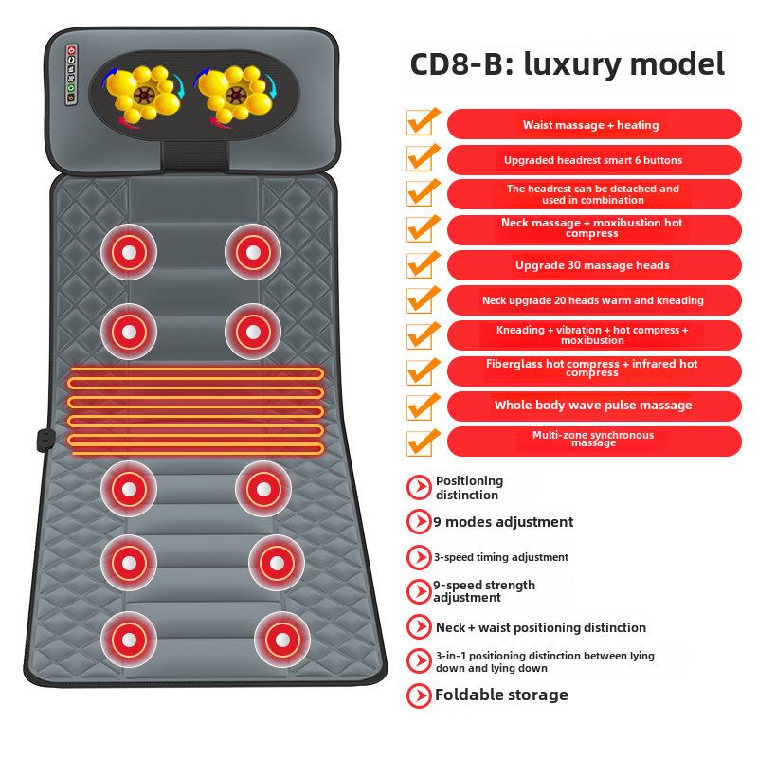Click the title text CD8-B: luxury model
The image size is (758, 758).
click(x=567, y=64)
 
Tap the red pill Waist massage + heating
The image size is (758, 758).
click(x=594, y=124)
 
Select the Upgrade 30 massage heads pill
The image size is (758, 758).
click(x=594, y=265)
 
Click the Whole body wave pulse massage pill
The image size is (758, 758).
click(x=594, y=406)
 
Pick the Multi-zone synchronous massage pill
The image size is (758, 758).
click(x=594, y=441)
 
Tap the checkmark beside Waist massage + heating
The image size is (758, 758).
click(x=423, y=121)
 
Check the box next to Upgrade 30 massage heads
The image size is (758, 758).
click(x=423, y=264)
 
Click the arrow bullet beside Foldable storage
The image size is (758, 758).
click(x=419, y=695)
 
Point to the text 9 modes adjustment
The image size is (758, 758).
click(x=503, y=522)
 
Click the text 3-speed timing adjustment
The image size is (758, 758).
click(x=501, y=557)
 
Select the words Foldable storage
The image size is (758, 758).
click(x=501, y=695)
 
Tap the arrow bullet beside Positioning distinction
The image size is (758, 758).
click(x=419, y=487)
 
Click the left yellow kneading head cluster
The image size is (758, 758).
click(x=143, y=93)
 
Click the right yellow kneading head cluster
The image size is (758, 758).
click(x=235, y=93)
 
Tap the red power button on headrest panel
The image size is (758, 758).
click(x=72, y=50)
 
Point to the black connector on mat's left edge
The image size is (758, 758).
click(x=45, y=440)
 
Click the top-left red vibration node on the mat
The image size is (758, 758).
click(x=129, y=252)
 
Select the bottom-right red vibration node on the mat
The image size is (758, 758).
click(x=282, y=641)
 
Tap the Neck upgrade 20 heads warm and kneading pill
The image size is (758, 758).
click(x=594, y=300)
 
